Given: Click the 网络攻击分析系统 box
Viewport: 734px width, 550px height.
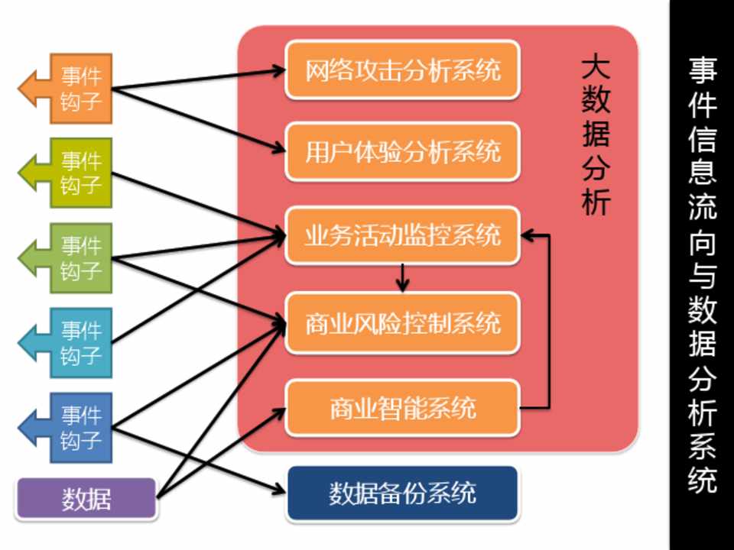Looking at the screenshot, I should [x=402, y=70].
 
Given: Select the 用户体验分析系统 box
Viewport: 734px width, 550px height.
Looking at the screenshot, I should [x=402, y=152].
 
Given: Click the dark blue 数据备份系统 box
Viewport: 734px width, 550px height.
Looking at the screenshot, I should [x=402, y=493].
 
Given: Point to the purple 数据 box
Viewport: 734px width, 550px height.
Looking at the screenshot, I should [x=86, y=500].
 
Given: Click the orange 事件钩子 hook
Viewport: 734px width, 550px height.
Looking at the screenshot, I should [x=76, y=88].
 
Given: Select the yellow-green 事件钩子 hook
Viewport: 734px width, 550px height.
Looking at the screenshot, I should [x=76, y=173].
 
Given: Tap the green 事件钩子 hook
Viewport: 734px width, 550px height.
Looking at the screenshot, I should [x=76, y=257].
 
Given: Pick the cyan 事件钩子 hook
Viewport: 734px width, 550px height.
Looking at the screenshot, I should [x=76, y=343].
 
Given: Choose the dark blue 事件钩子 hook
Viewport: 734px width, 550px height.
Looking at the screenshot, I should [x=76, y=428].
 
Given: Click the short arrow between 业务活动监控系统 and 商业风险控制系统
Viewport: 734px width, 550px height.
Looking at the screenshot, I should [x=403, y=278].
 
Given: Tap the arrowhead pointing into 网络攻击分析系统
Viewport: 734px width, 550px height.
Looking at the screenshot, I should [x=277, y=71].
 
